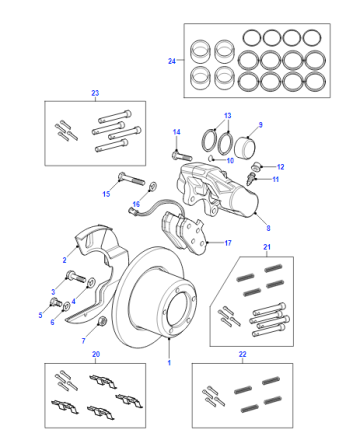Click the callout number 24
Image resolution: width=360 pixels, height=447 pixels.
pos(172,61)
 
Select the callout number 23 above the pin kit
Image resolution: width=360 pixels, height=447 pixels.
pos(95,93)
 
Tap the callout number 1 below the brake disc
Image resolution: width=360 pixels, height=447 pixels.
pos(169,362)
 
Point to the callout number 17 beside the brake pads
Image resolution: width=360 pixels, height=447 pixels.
pos(228,243)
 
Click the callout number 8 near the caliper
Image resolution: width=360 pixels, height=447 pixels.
pos(268,228)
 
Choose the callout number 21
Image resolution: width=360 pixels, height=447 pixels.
pos(267,247)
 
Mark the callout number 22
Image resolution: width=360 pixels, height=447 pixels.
pos(242,354)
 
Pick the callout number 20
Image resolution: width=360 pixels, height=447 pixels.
pos(96,354)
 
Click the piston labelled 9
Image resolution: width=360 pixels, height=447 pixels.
pos(245,148)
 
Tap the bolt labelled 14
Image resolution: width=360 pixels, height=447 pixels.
pos(182,156)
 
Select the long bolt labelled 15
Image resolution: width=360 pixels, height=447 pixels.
pos(131,178)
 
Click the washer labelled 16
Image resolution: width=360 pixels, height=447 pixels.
pos(153,185)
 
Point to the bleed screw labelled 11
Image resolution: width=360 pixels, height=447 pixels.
pos(251,178)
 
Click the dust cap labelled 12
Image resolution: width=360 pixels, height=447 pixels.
pos(257,165)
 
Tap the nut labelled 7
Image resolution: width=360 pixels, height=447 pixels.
pos(103,321)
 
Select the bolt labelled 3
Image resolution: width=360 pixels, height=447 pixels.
pos(76,277)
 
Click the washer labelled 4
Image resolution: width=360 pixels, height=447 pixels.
pos(91,283)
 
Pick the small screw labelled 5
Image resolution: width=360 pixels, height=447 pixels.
pos(55,303)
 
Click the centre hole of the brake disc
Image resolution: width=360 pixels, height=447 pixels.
pos(181,308)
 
